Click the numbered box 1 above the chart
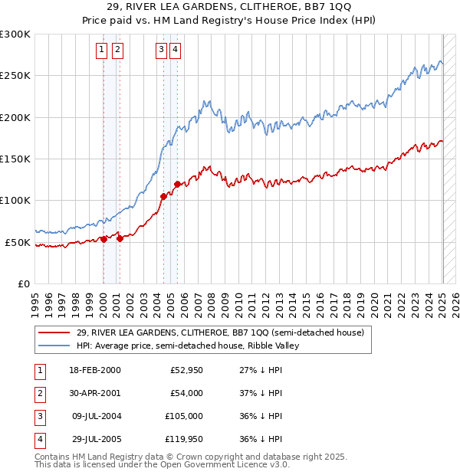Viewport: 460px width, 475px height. coord(102,51)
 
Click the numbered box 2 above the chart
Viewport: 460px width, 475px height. coord(117,51)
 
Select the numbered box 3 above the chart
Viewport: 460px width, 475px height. coord(161,51)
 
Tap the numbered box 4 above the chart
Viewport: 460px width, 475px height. coord(176,51)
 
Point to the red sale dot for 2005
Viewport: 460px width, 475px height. coord(177,184)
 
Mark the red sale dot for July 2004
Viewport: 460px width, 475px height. coord(163,196)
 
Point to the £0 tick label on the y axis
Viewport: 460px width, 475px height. coord(24,283)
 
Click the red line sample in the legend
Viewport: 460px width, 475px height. coord(54,332)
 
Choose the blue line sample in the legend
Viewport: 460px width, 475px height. coord(54,346)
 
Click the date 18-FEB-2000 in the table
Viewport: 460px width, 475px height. coord(95,370)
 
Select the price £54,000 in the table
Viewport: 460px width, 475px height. coord(186,393)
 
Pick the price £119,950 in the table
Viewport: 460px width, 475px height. coord(183,439)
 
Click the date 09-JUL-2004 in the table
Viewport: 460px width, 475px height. coord(95,416)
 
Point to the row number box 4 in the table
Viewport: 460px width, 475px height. coord(38,439)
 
